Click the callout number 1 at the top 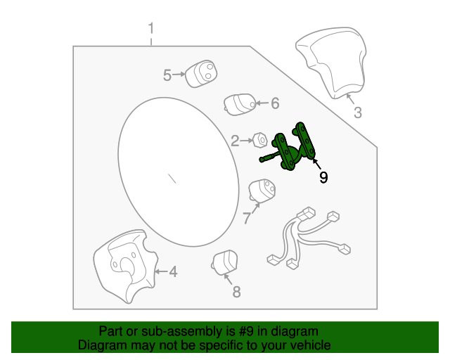pyautogui.click(x=151, y=28)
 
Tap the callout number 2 pyautogui.click(x=235, y=141)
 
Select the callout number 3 pyautogui.click(x=358, y=112)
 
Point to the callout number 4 pyautogui.click(x=173, y=271)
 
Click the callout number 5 pyautogui.click(x=167, y=75)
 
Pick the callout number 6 pyautogui.click(x=275, y=103)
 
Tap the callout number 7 pyautogui.click(x=247, y=218)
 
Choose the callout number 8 pyautogui.click(x=236, y=292)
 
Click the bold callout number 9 pyautogui.click(x=323, y=177)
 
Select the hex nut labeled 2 pyautogui.click(x=259, y=141)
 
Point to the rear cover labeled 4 pyautogui.click(x=125, y=266)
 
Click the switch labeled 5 pyautogui.click(x=201, y=74)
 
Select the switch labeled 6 pyautogui.click(x=240, y=104)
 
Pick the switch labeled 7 pyautogui.click(x=262, y=191)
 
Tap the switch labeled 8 pyautogui.click(x=225, y=262)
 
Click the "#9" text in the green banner pyautogui.click(x=247, y=331)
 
